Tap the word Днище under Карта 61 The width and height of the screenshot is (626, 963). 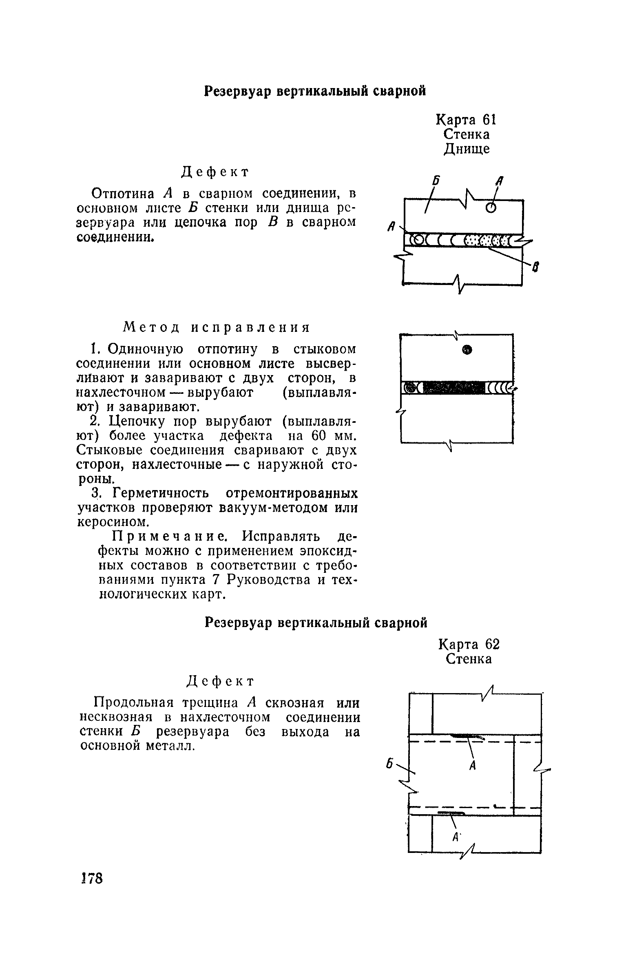click(x=467, y=149)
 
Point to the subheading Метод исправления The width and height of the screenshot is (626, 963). click(x=217, y=327)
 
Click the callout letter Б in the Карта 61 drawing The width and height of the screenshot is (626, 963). click(x=436, y=181)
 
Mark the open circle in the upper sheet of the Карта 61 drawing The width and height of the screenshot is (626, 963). click(x=491, y=208)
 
